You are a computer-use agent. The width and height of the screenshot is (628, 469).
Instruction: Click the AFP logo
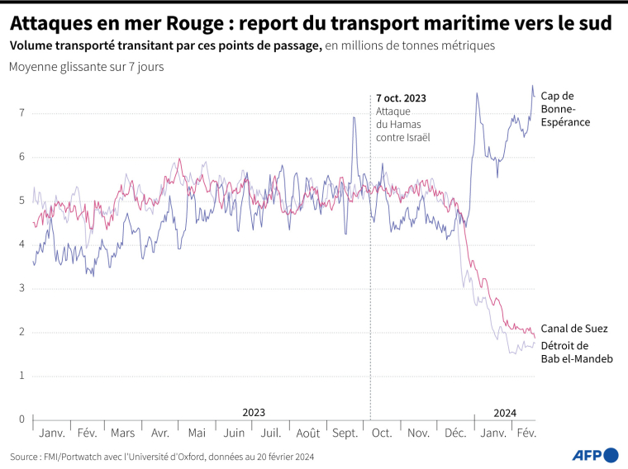point(595,454)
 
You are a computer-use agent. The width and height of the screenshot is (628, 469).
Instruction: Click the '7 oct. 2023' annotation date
point(401,98)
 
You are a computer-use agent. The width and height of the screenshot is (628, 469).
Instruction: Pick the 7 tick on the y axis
point(22,113)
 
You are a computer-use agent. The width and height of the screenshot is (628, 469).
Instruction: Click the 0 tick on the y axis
point(22,419)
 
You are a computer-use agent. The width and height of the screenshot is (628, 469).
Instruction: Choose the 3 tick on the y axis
point(22,288)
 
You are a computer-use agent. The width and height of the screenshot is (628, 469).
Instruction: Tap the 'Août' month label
point(307,433)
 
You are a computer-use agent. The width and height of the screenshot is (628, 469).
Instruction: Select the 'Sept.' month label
point(344,433)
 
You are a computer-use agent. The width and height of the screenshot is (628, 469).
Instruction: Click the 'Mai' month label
point(197,433)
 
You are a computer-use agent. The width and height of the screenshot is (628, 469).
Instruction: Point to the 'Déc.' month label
point(455,433)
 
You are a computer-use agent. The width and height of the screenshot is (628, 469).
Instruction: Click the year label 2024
point(505,413)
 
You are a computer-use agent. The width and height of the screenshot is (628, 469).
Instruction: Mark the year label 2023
point(254,413)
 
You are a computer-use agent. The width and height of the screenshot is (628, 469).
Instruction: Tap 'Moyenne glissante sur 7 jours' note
point(86,67)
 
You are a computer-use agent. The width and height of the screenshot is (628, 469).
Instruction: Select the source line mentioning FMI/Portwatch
point(162,456)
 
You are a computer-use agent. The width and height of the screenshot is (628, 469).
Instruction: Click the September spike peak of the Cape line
point(354,117)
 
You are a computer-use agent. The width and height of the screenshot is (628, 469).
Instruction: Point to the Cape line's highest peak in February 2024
point(532,86)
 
